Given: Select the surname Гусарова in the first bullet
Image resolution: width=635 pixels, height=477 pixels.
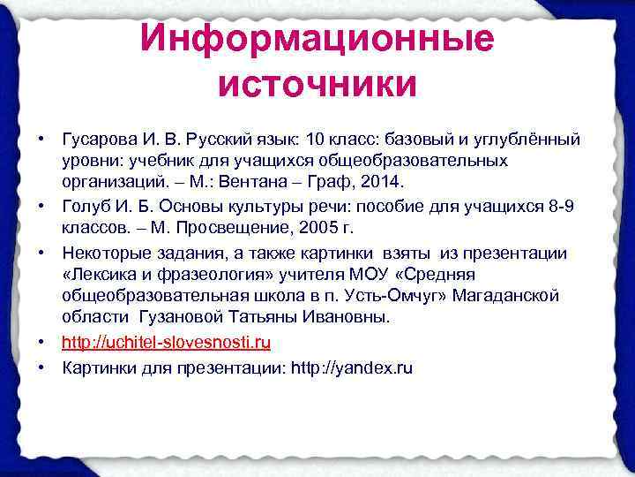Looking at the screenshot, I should pyautogui.click(x=98, y=140).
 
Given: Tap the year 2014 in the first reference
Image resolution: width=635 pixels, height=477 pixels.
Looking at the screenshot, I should pyautogui.click(x=381, y=182).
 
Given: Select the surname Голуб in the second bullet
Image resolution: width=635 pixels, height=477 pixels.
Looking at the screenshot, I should pyautogui.click(x=84, y=205).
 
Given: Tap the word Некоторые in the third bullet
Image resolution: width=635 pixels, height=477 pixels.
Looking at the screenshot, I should pyautogui.click(x=104, y=254).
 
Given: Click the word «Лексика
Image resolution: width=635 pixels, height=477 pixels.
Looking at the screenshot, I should pyautogui.click(x=97, y=275).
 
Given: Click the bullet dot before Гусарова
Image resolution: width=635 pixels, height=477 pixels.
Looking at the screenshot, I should pyautogui.click(x=41, y=140).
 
